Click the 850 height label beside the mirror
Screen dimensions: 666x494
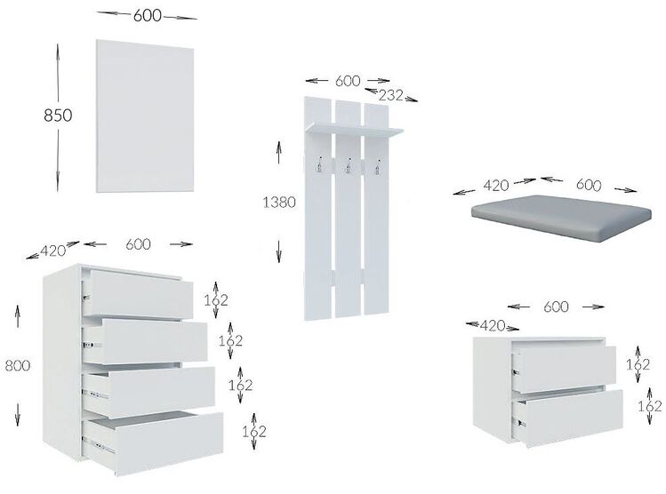tap(58, 115)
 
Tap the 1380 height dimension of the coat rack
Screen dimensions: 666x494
tap(279, 202)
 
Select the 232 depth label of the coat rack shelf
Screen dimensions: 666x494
tap(390, 95)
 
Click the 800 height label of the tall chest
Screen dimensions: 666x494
tap(18, 365)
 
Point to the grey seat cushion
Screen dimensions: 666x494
tap(561, 219)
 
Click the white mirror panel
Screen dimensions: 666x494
tap(145, 116)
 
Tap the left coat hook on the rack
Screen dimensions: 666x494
tap(319, 164)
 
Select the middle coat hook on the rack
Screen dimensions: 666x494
tap(349, 166)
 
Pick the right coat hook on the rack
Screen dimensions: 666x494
tap(377, 167)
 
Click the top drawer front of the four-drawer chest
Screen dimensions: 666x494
tap(138, 294)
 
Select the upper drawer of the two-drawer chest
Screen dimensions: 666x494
tap(565, 369)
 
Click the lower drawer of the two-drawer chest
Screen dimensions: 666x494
tap(570, 417)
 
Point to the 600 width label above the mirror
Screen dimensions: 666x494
tap(148, 16)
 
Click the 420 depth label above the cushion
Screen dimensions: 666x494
tap(496, 186)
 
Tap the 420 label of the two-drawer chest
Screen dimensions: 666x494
tap(493, 325)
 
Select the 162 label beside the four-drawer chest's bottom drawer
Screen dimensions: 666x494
tap(254, 432)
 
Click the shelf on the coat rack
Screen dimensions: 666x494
tap(354, 130)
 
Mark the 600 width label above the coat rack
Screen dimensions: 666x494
tap(348, 81)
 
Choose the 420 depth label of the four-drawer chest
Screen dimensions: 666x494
tap(53, 251)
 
